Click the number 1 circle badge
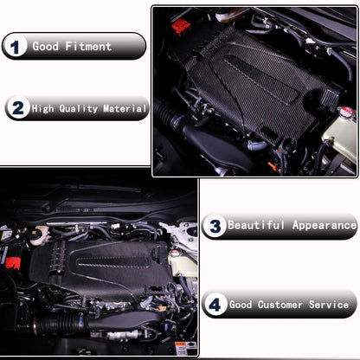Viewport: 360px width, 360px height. click(16, 46)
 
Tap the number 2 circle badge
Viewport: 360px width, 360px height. click(17, 108)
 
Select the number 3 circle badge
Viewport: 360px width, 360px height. click(215, 226)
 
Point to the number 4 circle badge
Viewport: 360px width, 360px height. click(215, 305)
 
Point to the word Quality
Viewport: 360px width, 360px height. click(76, 108)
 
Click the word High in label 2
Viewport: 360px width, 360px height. click(42, 108)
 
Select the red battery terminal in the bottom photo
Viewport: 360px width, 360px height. click(14, 260)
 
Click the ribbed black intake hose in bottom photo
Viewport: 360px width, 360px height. click(56, 327)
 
